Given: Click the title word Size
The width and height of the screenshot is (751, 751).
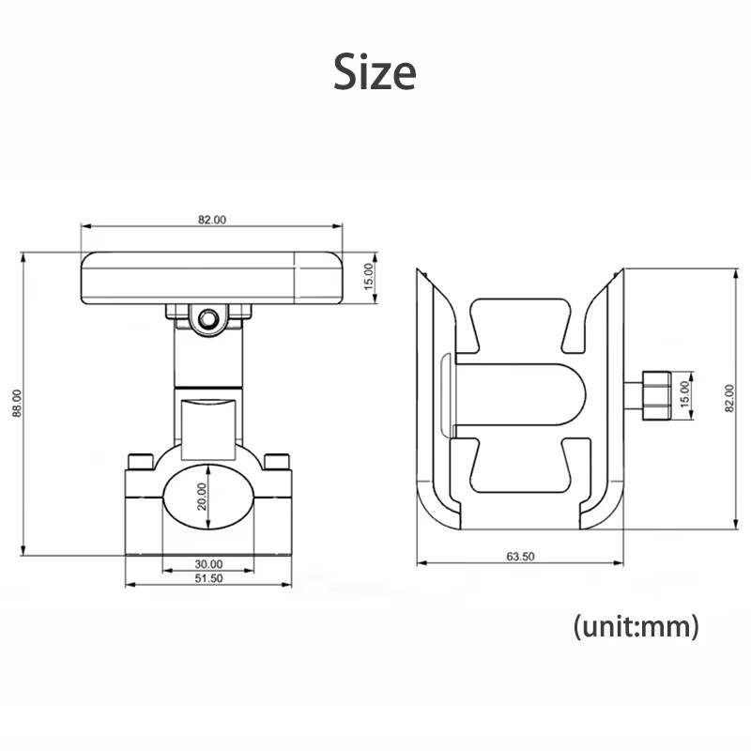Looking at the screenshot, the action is click(375, 72).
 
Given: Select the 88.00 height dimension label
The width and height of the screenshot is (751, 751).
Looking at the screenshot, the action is click(17, 404).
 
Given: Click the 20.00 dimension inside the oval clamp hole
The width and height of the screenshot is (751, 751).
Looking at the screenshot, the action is click(202, 497).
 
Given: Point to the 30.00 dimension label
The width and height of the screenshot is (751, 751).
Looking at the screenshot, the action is click(208, 564).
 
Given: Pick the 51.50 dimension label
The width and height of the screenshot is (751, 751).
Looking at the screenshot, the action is click(208, 578).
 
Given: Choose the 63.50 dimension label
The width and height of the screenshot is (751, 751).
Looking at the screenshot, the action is click(520, 556).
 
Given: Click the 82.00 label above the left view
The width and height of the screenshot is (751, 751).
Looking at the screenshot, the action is click(212, 220).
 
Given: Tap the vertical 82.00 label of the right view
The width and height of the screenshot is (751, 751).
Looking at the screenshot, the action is click(729, 398).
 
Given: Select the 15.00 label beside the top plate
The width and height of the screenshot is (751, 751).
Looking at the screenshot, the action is click(368, 277).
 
